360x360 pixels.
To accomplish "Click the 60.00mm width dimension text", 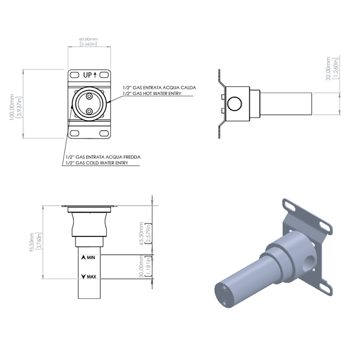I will (88, 41).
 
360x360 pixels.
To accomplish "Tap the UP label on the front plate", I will (89, 75).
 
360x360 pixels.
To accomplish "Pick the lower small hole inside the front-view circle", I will (89, 111).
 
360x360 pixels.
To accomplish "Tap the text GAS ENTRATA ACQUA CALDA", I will (161, 88).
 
